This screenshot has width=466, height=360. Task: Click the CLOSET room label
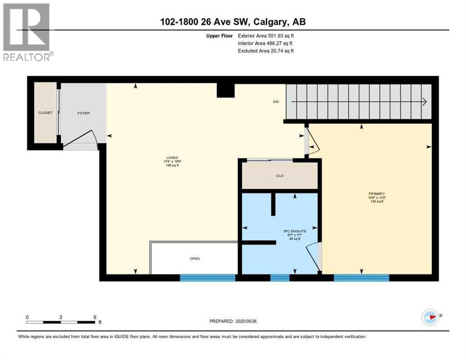(45, 113)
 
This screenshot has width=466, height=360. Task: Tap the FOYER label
(83, 113)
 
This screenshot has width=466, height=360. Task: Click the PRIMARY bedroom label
(376, 193)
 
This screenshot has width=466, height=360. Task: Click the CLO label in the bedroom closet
(280, 176)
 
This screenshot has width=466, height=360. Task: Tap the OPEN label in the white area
(195, 258)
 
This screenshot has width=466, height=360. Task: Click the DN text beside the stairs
(277, 102)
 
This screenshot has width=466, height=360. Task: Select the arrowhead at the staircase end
(423, 102)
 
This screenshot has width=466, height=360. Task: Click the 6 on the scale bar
(95, 317)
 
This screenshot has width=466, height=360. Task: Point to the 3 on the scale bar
(61, 317)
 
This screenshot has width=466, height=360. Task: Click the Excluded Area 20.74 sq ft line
(265, 51)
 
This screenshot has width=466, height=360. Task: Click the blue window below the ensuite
(280, 278)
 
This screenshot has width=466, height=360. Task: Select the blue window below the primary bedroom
(361, 278)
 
